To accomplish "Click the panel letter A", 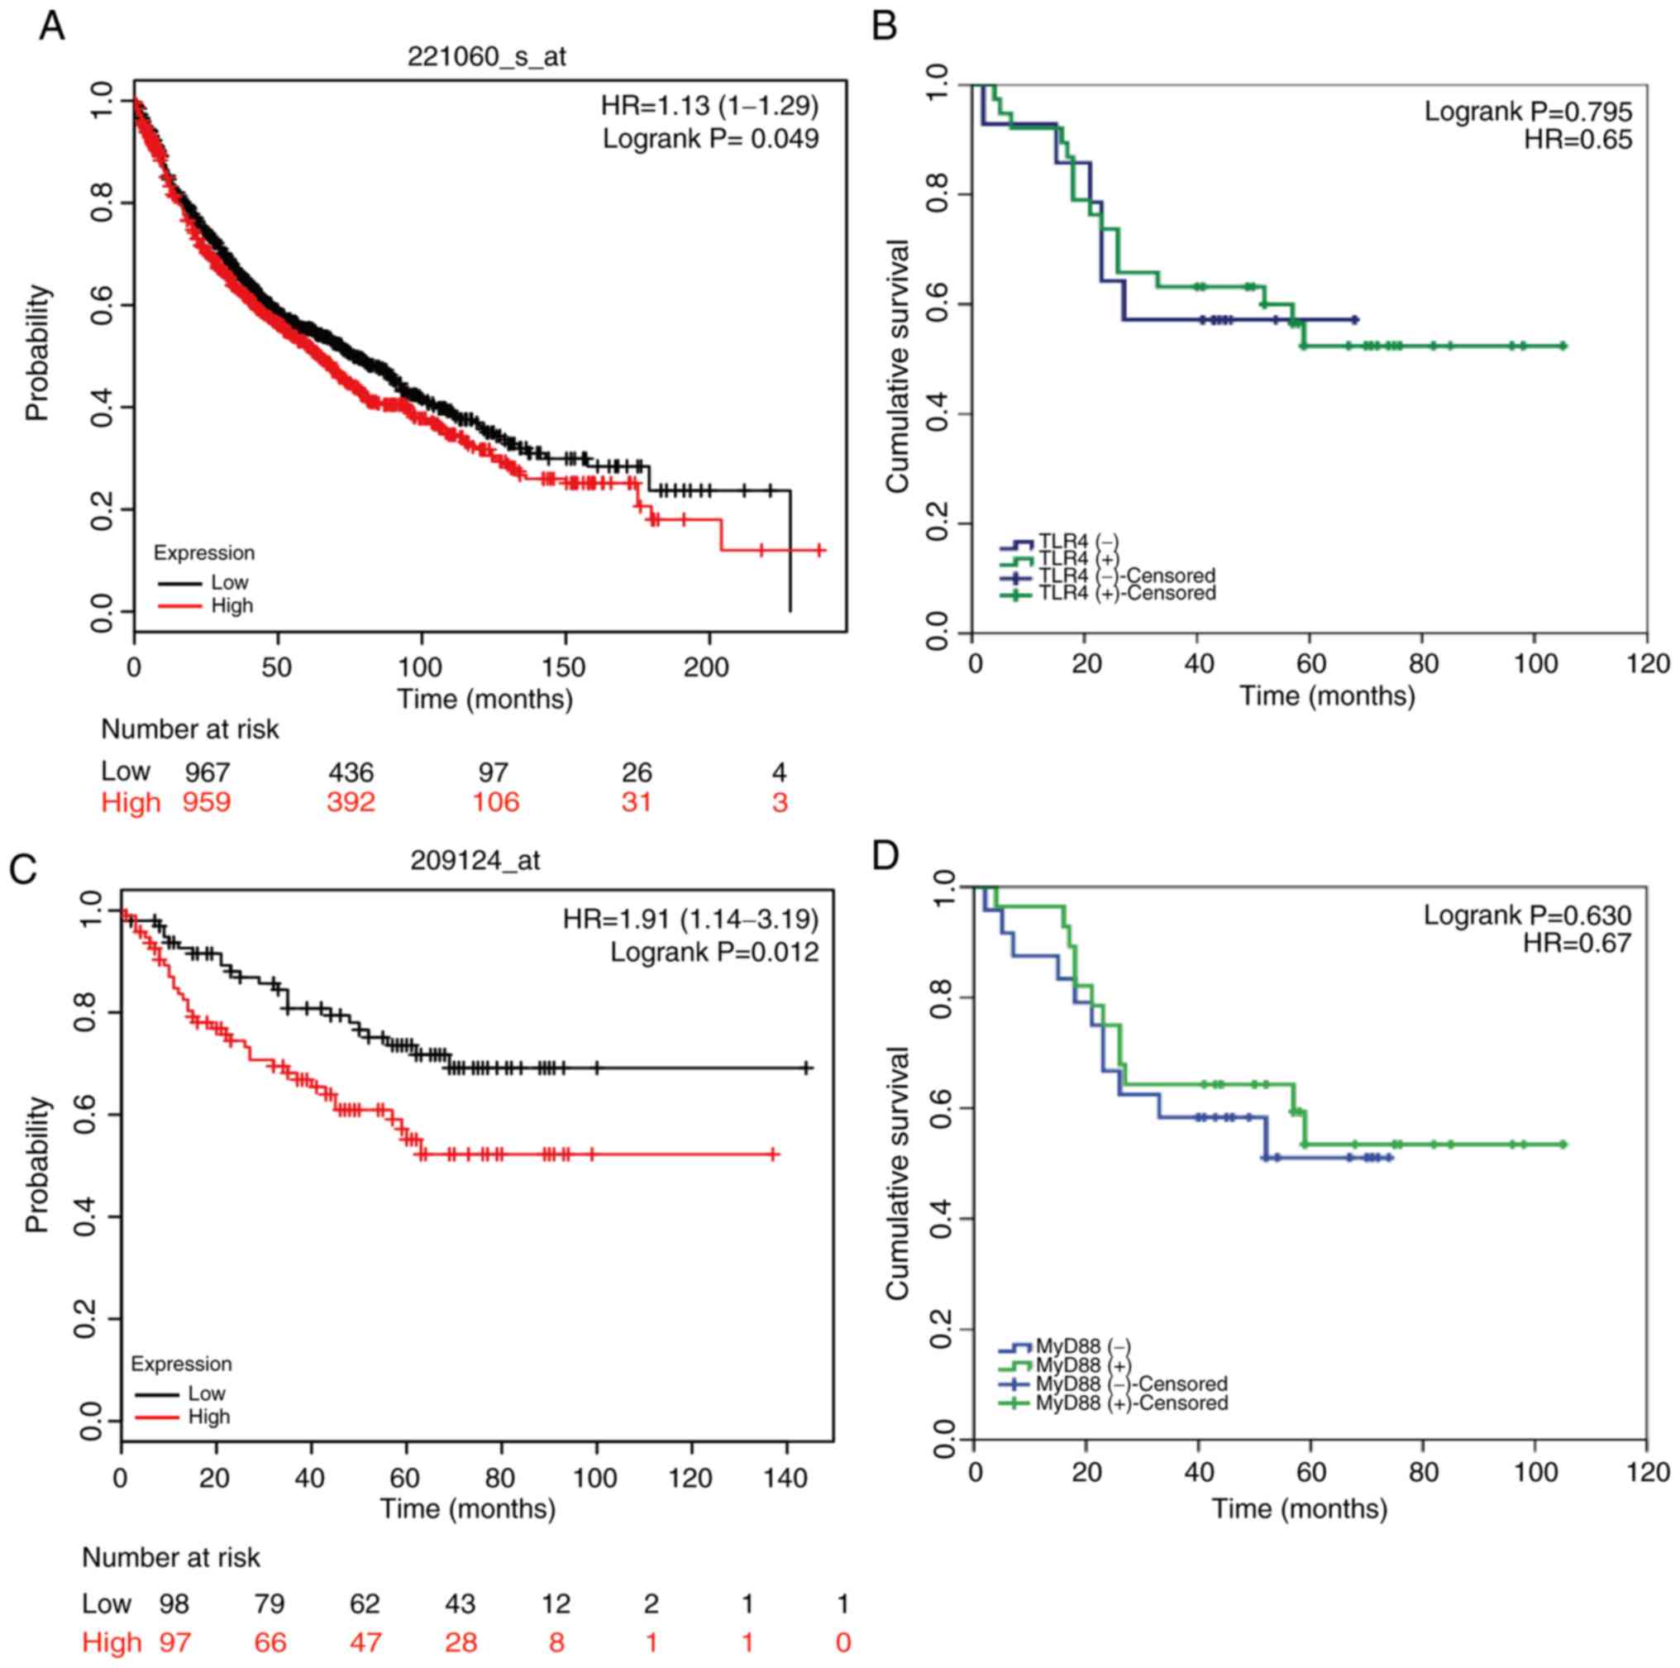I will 51,27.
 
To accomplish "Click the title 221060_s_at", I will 487,56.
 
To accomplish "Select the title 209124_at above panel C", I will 475,860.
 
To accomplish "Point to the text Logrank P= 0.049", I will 710,138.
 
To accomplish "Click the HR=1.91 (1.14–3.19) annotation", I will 690,919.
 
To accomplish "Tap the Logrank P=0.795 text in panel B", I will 1528,112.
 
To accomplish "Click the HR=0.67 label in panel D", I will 1577,943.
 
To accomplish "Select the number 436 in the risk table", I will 351,772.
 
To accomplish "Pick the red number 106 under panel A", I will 496,802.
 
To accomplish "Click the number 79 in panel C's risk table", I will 270,1603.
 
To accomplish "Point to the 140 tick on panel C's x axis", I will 787,1479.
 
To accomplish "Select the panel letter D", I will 885,856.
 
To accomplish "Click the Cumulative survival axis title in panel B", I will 898,366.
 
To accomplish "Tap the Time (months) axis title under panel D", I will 1299,1508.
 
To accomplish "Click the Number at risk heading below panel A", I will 189,729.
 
